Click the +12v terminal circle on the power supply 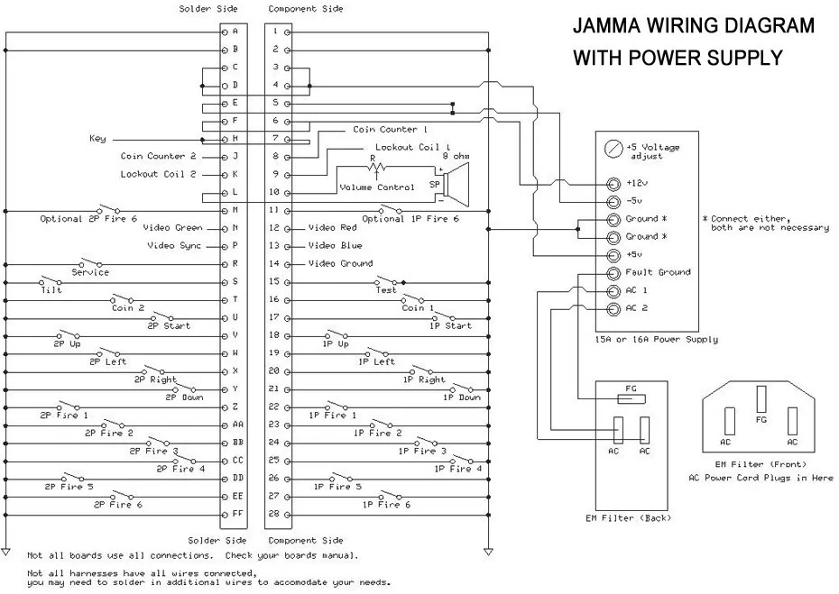pyautogui.click(x=613, y=184)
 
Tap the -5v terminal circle pyautogui.click(x=613, y=202)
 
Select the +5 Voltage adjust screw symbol pyautogui.click(x=613, y=149)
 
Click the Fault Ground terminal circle pyautogui.click(x=613, y=273)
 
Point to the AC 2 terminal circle pyautogui.click(x=613, y=309)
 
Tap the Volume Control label pyautogui.click(x=377, y=187)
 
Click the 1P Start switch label pyautogui.click(x=450, y=325)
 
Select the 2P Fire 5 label pyautogui.click(x=69, y=487)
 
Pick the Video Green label pyautogui.click(x=173, y=228)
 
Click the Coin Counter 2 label pyautogui.click(x=159, y=156)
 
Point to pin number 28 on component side pyautogui.click(x=274, y=514)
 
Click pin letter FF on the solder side pyautogui.click(x=237, y=514)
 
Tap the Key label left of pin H pyautogui.click(x=97, y=139)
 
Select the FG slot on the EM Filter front pyautogui.click(x=761, y=398)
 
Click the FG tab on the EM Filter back pyautogui.click(x=632, y=398)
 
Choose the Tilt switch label pyautogui.click(x=51, y=290)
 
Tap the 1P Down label pyautogui.click(x=462, y=398)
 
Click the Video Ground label pyautogui.click(x=341, y=263)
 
